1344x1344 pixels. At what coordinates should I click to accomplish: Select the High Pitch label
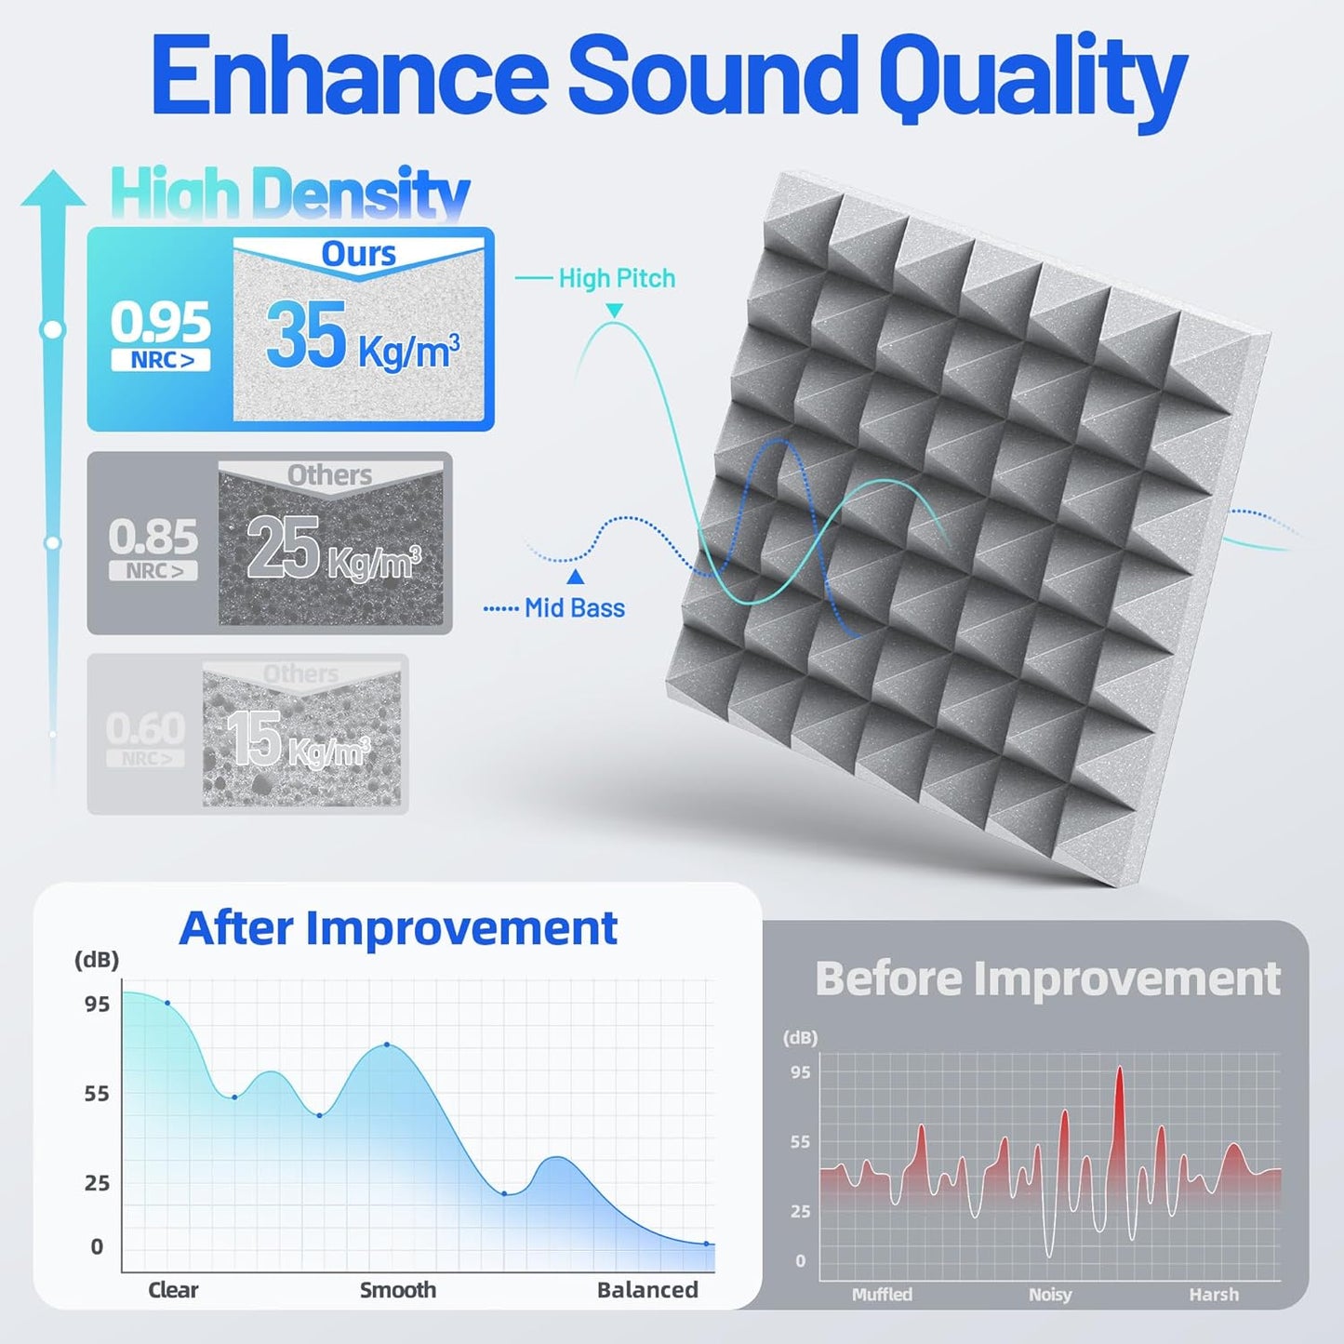[x=617, y=278]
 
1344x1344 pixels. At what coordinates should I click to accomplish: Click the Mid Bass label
[x=574, y=608]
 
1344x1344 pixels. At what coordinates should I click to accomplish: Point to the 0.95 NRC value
[x=161, y=324]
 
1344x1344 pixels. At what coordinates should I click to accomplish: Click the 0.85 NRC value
[x=153, y=538]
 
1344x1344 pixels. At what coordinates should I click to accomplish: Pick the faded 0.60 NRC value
[x=145, y=728]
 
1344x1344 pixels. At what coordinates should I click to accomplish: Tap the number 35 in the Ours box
[x=306, y=336]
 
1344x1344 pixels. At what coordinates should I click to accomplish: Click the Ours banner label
[x=358, y=254]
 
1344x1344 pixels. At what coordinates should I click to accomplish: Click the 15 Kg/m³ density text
[x=299, y=740]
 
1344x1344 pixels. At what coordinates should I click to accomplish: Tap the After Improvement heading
[x=398, y=928]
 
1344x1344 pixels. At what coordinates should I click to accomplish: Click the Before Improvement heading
[x=1047, y=978]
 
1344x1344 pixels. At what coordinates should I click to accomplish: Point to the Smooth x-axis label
[x=398, y=1290]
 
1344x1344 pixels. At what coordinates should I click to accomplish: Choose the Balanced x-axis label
[x=647, y=1290]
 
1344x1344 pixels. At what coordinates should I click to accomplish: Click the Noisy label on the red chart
[x=1050, y=1295]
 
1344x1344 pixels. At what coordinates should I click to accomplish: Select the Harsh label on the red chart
[x=1214, y=1295]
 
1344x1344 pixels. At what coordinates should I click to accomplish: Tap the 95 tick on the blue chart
[x=97, y=1005]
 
